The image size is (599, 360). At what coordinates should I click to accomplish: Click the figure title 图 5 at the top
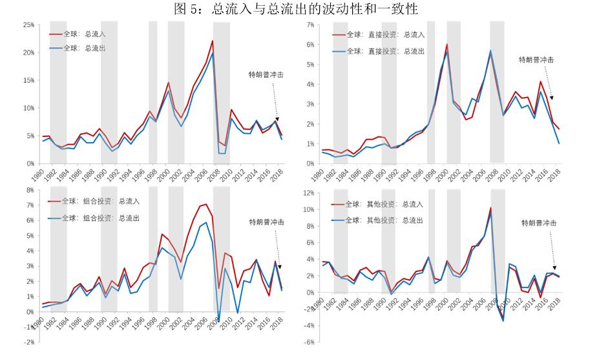tap(299, 8)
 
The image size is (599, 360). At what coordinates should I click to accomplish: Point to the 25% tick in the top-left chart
tap(28, 25)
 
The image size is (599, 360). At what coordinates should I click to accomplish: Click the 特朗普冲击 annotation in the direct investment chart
tap(536, 59)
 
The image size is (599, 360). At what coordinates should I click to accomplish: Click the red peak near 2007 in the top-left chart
tap(213, 41)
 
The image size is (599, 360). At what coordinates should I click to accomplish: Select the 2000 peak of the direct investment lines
tap(447, 45)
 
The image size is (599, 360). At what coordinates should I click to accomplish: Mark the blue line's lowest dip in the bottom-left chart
tap(218, 321)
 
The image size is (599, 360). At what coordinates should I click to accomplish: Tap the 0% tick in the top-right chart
tap(310, 164)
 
